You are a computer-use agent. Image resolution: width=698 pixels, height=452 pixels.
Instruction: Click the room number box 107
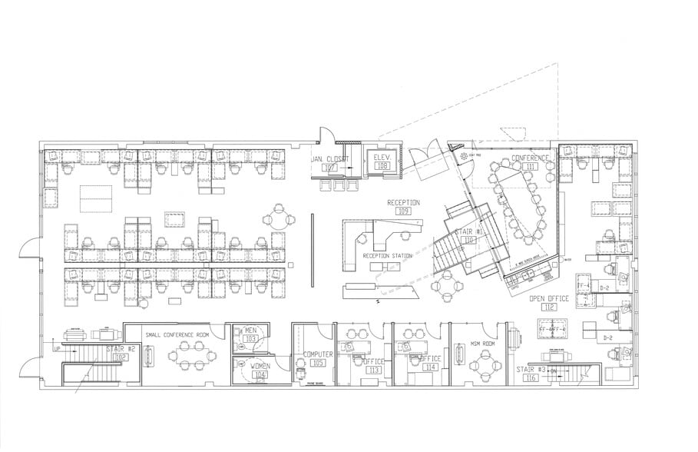[x=331, y=167]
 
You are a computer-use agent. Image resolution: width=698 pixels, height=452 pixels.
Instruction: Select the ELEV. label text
[x=382, y=158]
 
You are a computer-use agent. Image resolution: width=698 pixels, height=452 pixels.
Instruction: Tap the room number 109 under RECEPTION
[x=404, y=210]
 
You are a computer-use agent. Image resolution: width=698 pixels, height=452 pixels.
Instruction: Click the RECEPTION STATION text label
[x=388, y=256]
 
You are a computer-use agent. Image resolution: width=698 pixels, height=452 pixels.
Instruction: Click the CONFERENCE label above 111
[x=531, y=158]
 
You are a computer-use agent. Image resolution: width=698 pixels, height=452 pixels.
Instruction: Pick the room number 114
[x=431, y=367]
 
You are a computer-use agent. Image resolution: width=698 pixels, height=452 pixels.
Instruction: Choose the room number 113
[x=374, y=370]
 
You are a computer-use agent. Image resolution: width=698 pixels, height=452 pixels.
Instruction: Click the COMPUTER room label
[x=317, y=354]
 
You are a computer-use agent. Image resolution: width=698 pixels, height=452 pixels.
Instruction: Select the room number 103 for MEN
[x=250, y=338]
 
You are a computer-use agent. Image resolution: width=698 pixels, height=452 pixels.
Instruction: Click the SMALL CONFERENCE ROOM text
[x=177, y=334]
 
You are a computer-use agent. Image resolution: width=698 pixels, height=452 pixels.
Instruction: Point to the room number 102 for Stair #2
[x=121, y=357]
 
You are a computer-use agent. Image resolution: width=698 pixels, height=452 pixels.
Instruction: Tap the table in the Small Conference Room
[x=190, y=354]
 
